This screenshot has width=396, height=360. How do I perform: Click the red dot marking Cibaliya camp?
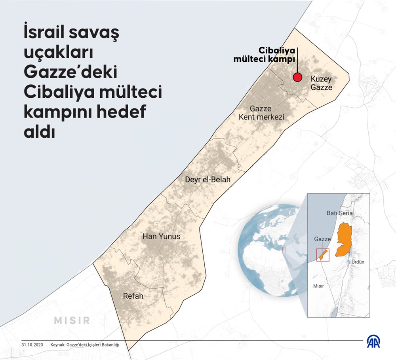pos(297,78)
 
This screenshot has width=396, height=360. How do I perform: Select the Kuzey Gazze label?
pos(321,83)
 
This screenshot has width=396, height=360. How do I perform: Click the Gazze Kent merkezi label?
pos(261,113)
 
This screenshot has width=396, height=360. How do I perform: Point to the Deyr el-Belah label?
pos(208,180)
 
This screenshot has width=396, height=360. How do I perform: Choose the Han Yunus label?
pos(161,237)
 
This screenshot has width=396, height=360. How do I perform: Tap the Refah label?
pos(133,296)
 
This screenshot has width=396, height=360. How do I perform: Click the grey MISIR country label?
pos(72,320)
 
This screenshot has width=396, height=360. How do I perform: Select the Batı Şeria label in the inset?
pos(339,213)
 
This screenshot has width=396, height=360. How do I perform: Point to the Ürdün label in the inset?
pos(358,262)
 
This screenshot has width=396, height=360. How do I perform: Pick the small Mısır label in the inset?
pos(319,286)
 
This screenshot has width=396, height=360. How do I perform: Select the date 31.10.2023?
pos(32,345)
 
